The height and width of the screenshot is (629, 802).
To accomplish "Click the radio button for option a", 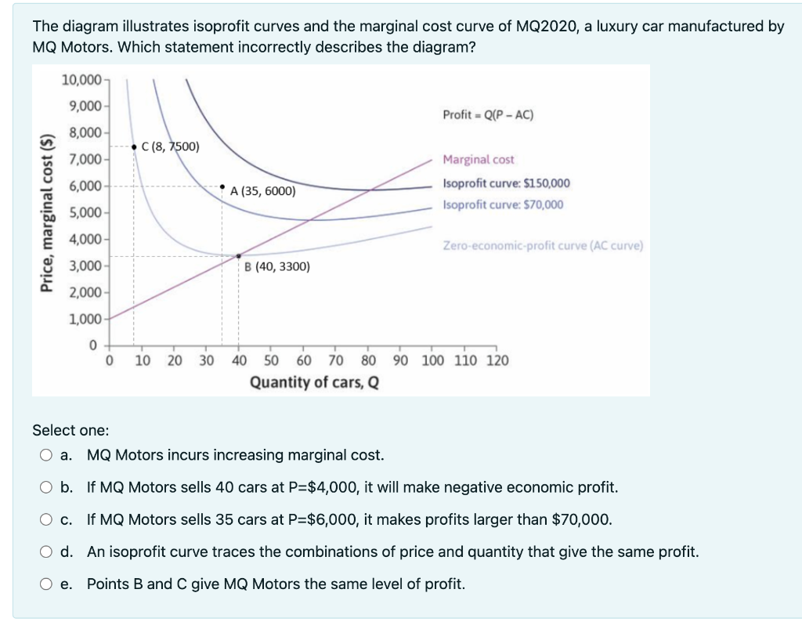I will pyautogui.click(x=46, y=455).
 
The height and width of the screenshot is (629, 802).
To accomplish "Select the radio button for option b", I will pyautogui.click(x=46, y=487).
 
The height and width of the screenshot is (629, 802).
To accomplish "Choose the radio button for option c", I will pyautogui.click(x=46, y=519).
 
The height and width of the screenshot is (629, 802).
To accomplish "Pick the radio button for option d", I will pyautogui.click(x=46, y=552).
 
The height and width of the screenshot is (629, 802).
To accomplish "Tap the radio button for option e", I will pyautogui.click(x=46, y=584).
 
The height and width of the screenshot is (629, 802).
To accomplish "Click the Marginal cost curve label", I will pyautogui.click(x=479, y=160).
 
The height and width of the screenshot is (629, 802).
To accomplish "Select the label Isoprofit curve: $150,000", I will pyautogui.click(x=506, y=183).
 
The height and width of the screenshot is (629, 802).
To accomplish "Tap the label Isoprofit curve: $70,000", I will pyautogui.click(x=502, y=204).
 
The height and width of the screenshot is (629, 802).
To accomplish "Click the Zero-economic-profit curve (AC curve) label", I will pyautogui.click(x=542, y=245).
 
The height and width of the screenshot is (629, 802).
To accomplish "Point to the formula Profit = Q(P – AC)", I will pyautogui.click(x=488, y=115).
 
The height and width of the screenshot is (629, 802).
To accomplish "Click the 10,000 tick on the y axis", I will pyautogui.click(x=81, y=81).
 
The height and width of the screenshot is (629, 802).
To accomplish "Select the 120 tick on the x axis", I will pyautogui.click(x=497, y=361).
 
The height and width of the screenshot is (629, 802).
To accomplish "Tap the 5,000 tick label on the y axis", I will pyautogui.click(x=85, y=212).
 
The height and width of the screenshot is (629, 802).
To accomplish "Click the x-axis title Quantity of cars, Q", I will pyautogui.click(x=315, y=382).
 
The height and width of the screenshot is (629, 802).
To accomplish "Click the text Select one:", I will pyautogui.click(x=70, y=430).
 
